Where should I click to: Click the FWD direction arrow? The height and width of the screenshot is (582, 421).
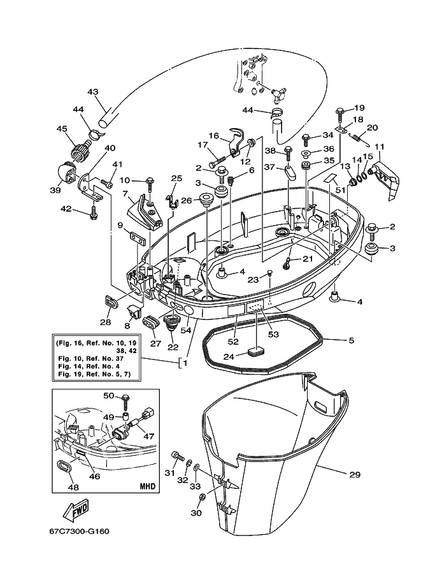coord(76,511)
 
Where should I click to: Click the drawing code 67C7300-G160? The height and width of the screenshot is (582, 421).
coord(80,532)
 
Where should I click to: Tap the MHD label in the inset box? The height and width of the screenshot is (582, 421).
coord(147,486)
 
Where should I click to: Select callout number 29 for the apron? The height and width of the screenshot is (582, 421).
coord(355,474)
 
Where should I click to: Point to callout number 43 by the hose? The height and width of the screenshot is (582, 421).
coord(93,92)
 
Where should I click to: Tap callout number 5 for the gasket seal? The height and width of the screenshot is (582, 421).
coord(352,340)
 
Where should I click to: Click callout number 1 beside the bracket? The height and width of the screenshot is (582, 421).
coord(185,363)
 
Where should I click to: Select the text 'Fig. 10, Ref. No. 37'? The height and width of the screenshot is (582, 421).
coord(91,358)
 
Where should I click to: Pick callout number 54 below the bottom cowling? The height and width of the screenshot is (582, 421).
coord(185,330)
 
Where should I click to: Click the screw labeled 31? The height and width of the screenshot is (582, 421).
coord(178,456)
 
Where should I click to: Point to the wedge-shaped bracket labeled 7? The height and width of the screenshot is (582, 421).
coord(144,213)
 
